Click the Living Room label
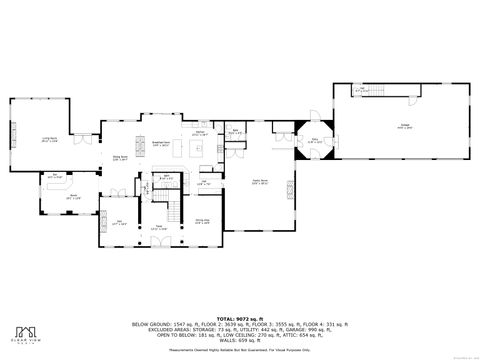(x=47, y=141)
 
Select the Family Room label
(x=259, y=182)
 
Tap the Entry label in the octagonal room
(x=315, y=141)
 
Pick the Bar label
(x=56, y=175)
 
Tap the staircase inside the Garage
(x=372, y=92)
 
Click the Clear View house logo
(x=24, y=332)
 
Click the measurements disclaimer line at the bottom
(x=240, y=349)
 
